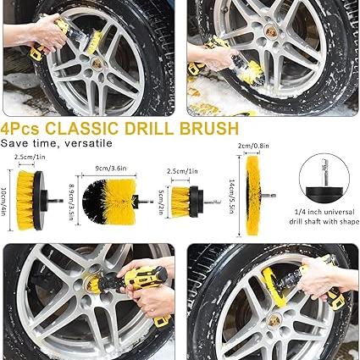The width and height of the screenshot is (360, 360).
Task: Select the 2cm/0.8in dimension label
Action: [x=253, y=146]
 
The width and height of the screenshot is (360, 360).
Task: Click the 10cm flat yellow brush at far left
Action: [x=35, y=200]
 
